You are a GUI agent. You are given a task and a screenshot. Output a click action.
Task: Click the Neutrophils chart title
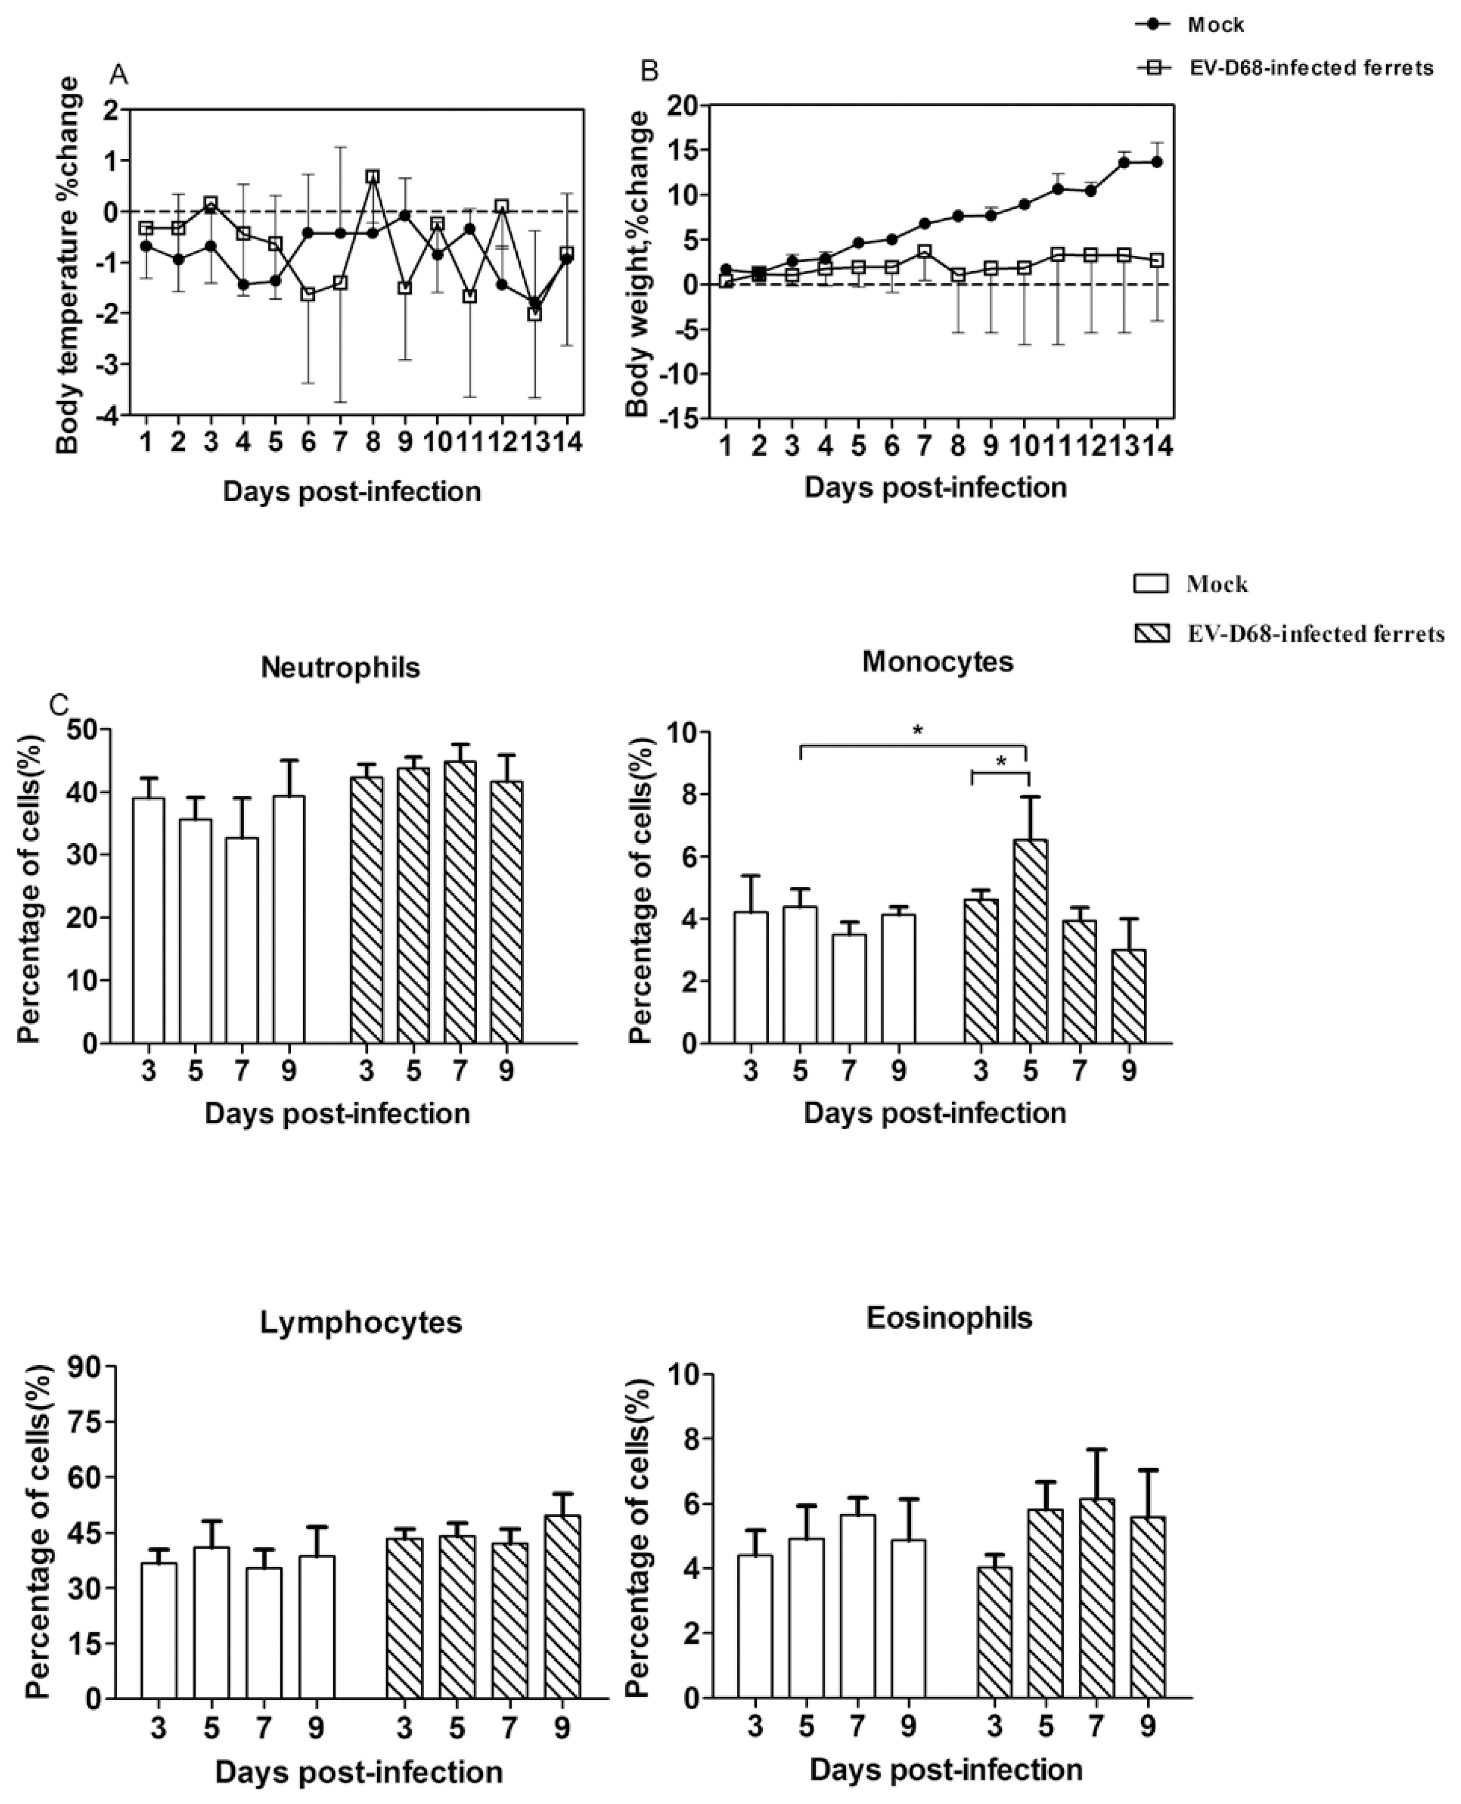coord(340,668)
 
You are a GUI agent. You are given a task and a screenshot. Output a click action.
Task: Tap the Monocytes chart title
coord(938,662)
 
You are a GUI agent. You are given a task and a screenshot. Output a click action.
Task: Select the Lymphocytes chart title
coord(361,1322)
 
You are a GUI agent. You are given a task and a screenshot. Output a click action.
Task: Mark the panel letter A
coord(120,75)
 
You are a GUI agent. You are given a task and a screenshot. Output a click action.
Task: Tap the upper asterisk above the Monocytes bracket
coord(917,730)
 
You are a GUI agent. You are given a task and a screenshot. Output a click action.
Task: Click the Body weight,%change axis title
coord(640,263)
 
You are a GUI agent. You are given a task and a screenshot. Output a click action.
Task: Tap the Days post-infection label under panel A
coord(352,491)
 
